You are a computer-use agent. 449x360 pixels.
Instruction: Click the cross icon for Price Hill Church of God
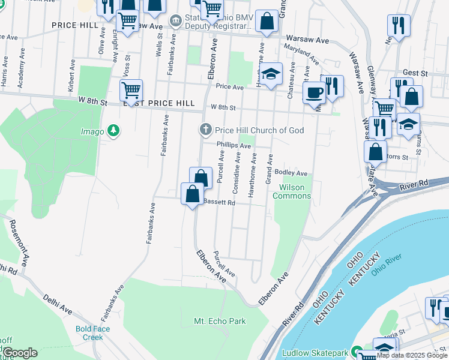coord(205,130)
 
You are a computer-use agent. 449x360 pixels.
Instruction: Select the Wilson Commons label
coord(292,191)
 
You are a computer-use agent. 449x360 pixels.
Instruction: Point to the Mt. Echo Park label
coord(220,322)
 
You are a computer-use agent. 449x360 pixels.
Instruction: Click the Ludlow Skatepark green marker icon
coord(356,351)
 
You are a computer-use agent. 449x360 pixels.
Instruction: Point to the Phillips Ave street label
coord(234,145)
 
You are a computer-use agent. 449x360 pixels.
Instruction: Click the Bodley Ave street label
coord(291,173)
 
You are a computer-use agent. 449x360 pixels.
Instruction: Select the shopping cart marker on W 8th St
coord(131,91)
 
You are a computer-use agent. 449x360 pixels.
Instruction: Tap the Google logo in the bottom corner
coord(20,353)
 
